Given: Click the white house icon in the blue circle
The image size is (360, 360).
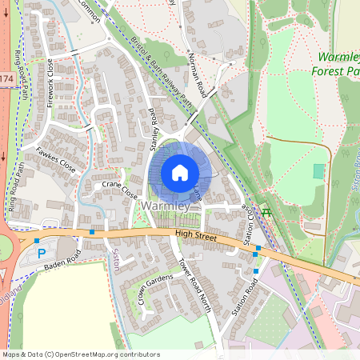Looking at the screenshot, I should [180, 172].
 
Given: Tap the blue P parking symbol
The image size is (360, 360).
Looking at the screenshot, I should [42, 253].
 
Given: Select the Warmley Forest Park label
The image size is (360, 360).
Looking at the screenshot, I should [338, 64].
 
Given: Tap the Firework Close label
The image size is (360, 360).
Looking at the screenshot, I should [52, 80].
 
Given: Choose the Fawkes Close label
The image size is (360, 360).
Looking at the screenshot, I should [56, 158].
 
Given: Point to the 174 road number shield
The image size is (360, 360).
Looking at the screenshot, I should [6, 79].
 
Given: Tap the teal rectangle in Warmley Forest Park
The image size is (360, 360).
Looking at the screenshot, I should [319, 171].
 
